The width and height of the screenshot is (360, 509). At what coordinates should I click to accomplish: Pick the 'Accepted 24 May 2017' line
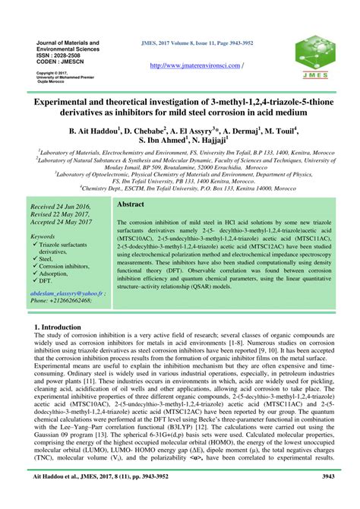tap(65, 223)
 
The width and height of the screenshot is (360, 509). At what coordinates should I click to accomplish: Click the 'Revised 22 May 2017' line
tap(63, 215)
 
